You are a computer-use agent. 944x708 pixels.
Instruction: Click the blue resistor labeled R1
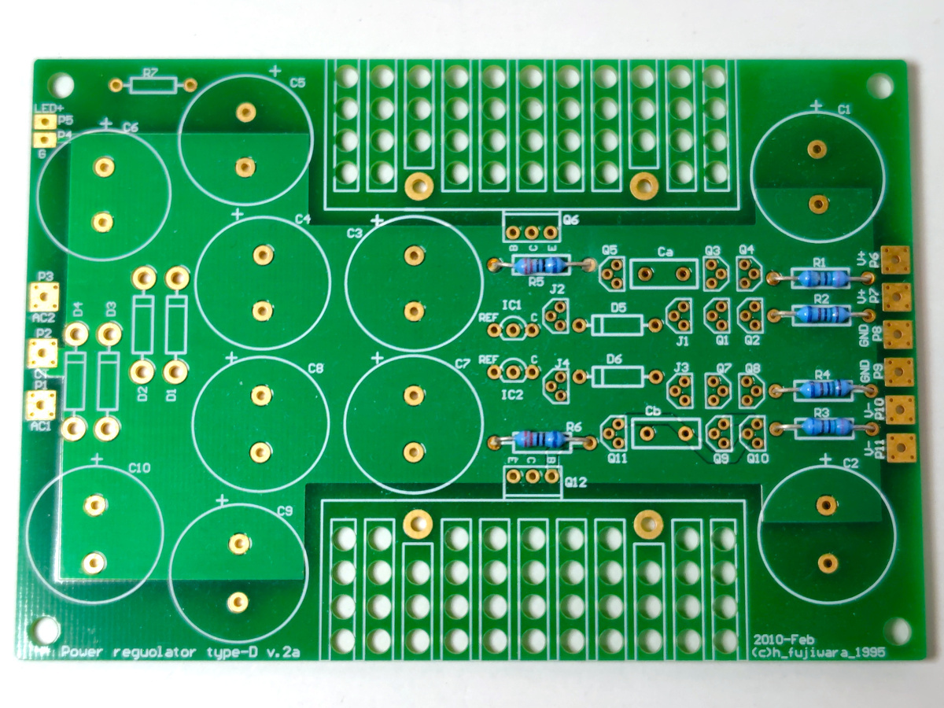[x=820, y=277]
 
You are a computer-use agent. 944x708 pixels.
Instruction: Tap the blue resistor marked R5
[x=539, y=265]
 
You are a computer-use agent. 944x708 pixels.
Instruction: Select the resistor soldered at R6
[x=538, y=440]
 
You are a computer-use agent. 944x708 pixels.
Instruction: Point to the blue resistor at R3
[x=820, y=427]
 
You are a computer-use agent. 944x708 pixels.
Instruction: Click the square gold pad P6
[x=895, y=259]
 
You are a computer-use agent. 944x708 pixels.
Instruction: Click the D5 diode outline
[x=618, y=324]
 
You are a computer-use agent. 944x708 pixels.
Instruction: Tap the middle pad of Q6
[x=531, y=233]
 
